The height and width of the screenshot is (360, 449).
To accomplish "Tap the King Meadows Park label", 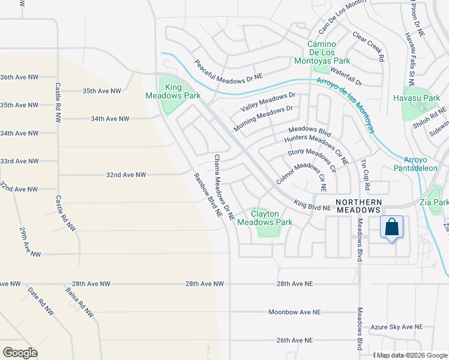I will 173,91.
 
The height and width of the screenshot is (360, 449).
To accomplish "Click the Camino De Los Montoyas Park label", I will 328,53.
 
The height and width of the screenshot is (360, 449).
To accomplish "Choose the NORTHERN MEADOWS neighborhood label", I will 358,206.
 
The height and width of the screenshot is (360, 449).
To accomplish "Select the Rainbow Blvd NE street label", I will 208,195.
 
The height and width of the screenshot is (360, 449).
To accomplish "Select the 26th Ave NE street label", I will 295,340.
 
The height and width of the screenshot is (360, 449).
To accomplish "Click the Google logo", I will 20,352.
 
